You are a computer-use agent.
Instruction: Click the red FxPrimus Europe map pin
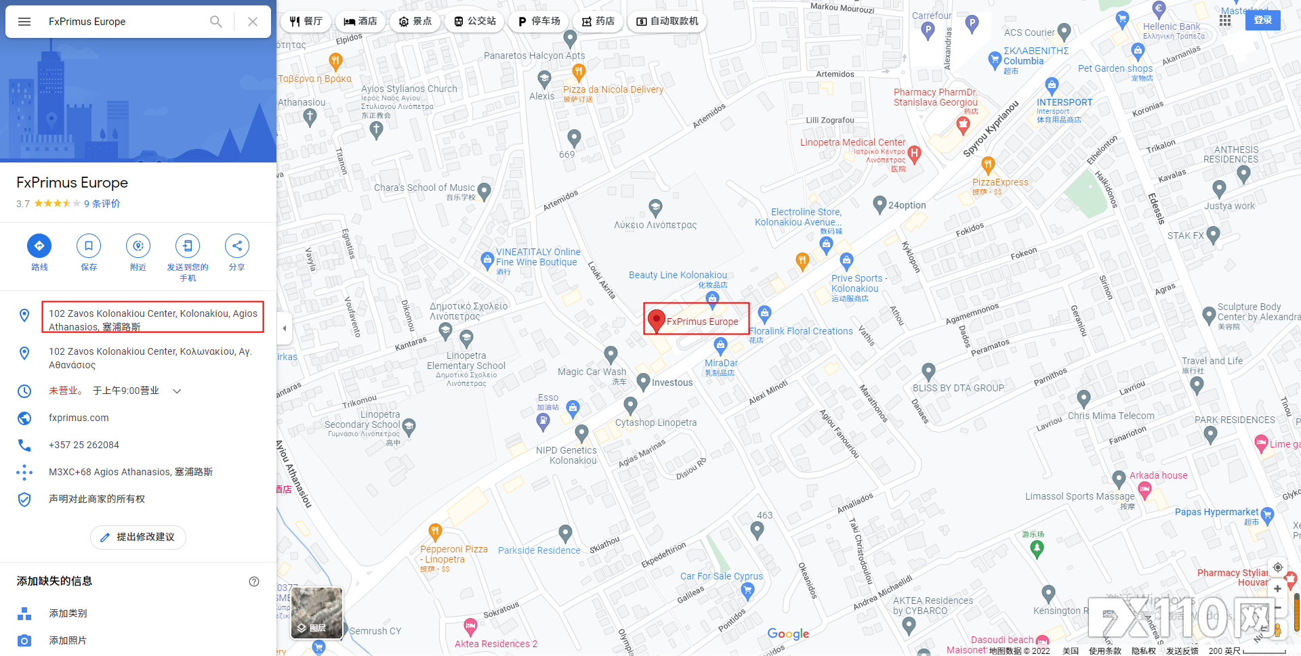pyautogui.click(x=656, y=320)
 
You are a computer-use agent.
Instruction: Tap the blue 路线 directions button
pyautogui.click(x=39, y=246)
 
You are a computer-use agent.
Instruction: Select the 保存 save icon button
pyautogui.click(x=89, y=246)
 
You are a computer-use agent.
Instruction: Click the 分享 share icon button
pyautogui.click(x=236, y=246)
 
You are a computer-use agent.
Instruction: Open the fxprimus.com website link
pyautogui.click(x=79, y=418)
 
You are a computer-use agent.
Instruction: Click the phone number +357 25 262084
pyautogui.click(x=84, y=445)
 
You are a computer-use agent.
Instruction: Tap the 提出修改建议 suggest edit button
pyautogui.click(x=138, y=537)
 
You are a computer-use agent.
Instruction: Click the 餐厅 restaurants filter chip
pyautogui.click(x=306, y=22)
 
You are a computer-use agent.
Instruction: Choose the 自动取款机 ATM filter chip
pyautogui.click(x=667, y=22)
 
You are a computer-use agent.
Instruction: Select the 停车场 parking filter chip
pyautogui.click(x=539, y=22)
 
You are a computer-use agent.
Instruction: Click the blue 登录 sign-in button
pyautogui.click(x=1262, y=20)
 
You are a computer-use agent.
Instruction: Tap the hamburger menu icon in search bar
pyautogui.click(x=24, y=22)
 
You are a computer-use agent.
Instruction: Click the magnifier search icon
pyautogui.click(x=215, y=22)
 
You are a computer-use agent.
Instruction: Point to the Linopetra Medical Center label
pyautogui.click(x=852, y=142)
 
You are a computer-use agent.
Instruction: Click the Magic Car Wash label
pyautogui.click(x=592, y=372)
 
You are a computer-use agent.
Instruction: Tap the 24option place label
pyautogui.click(x=907, y=205)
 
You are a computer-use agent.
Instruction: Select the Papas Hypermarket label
pyautogui.click(x=1216, y=512)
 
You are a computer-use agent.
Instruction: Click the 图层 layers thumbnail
pyautogui.click(x=317, y=613)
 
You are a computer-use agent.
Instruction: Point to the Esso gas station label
pyautogui.click(x=548, y=398)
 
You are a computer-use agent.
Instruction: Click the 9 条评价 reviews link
pyautogui.click(x=102, y=204)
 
